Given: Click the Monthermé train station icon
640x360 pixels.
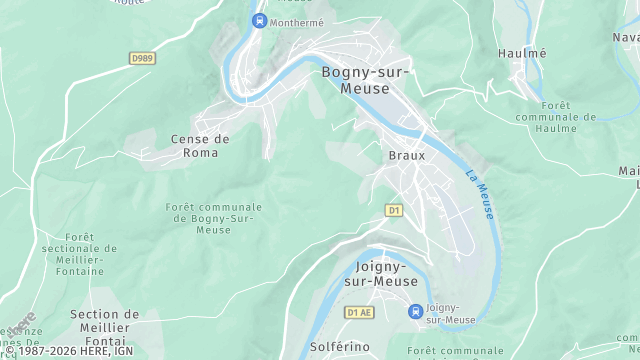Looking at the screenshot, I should pos(259,20).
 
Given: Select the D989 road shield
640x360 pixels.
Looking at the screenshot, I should pos(142,59).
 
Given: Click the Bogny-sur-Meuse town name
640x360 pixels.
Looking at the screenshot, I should pos(364,80).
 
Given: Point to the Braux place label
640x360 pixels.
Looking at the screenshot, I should pos(407,156).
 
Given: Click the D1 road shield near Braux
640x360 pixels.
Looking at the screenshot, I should pos(394,210).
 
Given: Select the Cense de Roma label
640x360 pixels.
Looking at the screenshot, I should pos(200,146).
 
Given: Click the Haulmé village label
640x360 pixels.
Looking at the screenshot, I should pos(523,52).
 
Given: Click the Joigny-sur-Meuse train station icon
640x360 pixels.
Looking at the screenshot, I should pos(414,312).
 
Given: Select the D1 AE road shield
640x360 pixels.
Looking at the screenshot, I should pos(358,312).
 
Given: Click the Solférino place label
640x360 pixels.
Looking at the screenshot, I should pos(341,347).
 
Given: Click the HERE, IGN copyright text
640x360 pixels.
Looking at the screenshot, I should pos(70,351).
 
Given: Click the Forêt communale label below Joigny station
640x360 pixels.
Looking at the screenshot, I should pos(456,351).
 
